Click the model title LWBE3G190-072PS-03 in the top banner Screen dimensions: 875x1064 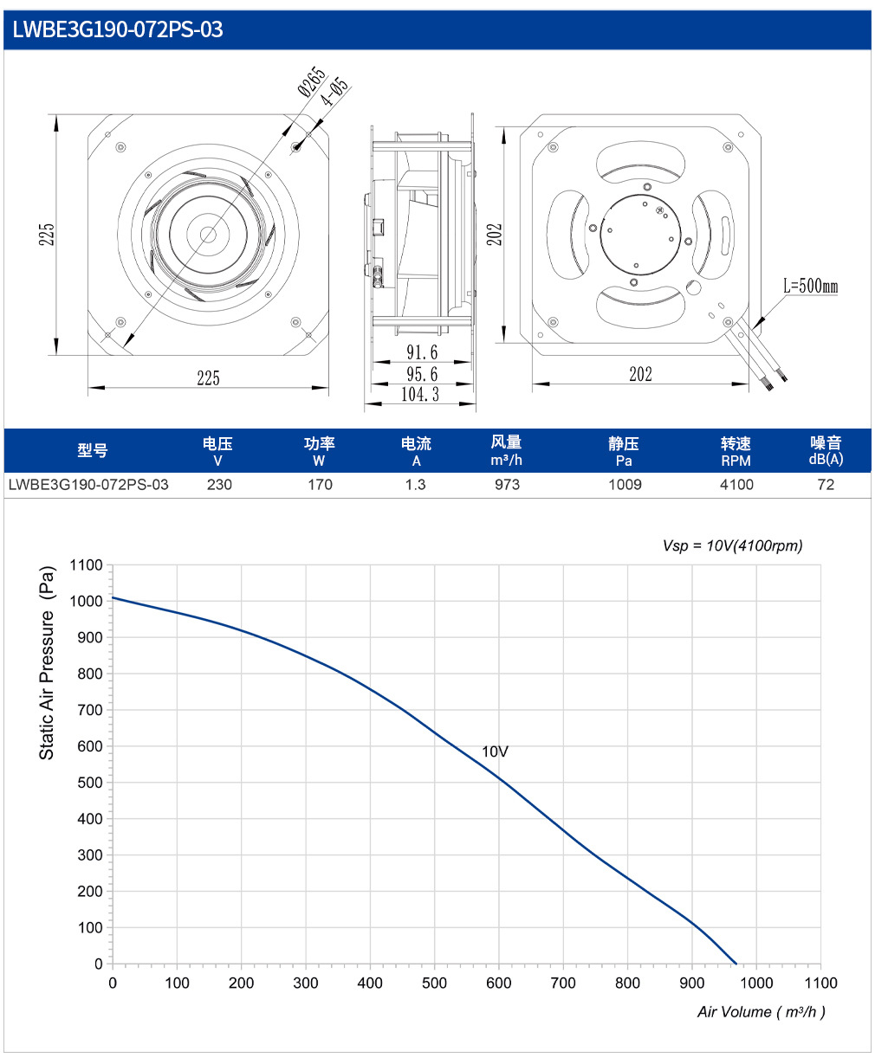tap(117, 29)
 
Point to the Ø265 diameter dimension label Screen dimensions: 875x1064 tap(312, 81)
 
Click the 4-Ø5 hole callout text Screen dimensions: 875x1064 tap(335, 91)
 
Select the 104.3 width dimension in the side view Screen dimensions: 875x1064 tap(420, 394)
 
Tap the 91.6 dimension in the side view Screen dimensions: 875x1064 tap(422, 352)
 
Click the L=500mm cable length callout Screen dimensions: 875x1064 tap(810, 286)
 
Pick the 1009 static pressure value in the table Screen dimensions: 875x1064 tap(625, 484)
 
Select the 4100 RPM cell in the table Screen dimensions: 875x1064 tap(736, 484)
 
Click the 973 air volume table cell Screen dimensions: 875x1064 tap(507, 484)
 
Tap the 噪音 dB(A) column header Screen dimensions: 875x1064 tap(826, 450)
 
